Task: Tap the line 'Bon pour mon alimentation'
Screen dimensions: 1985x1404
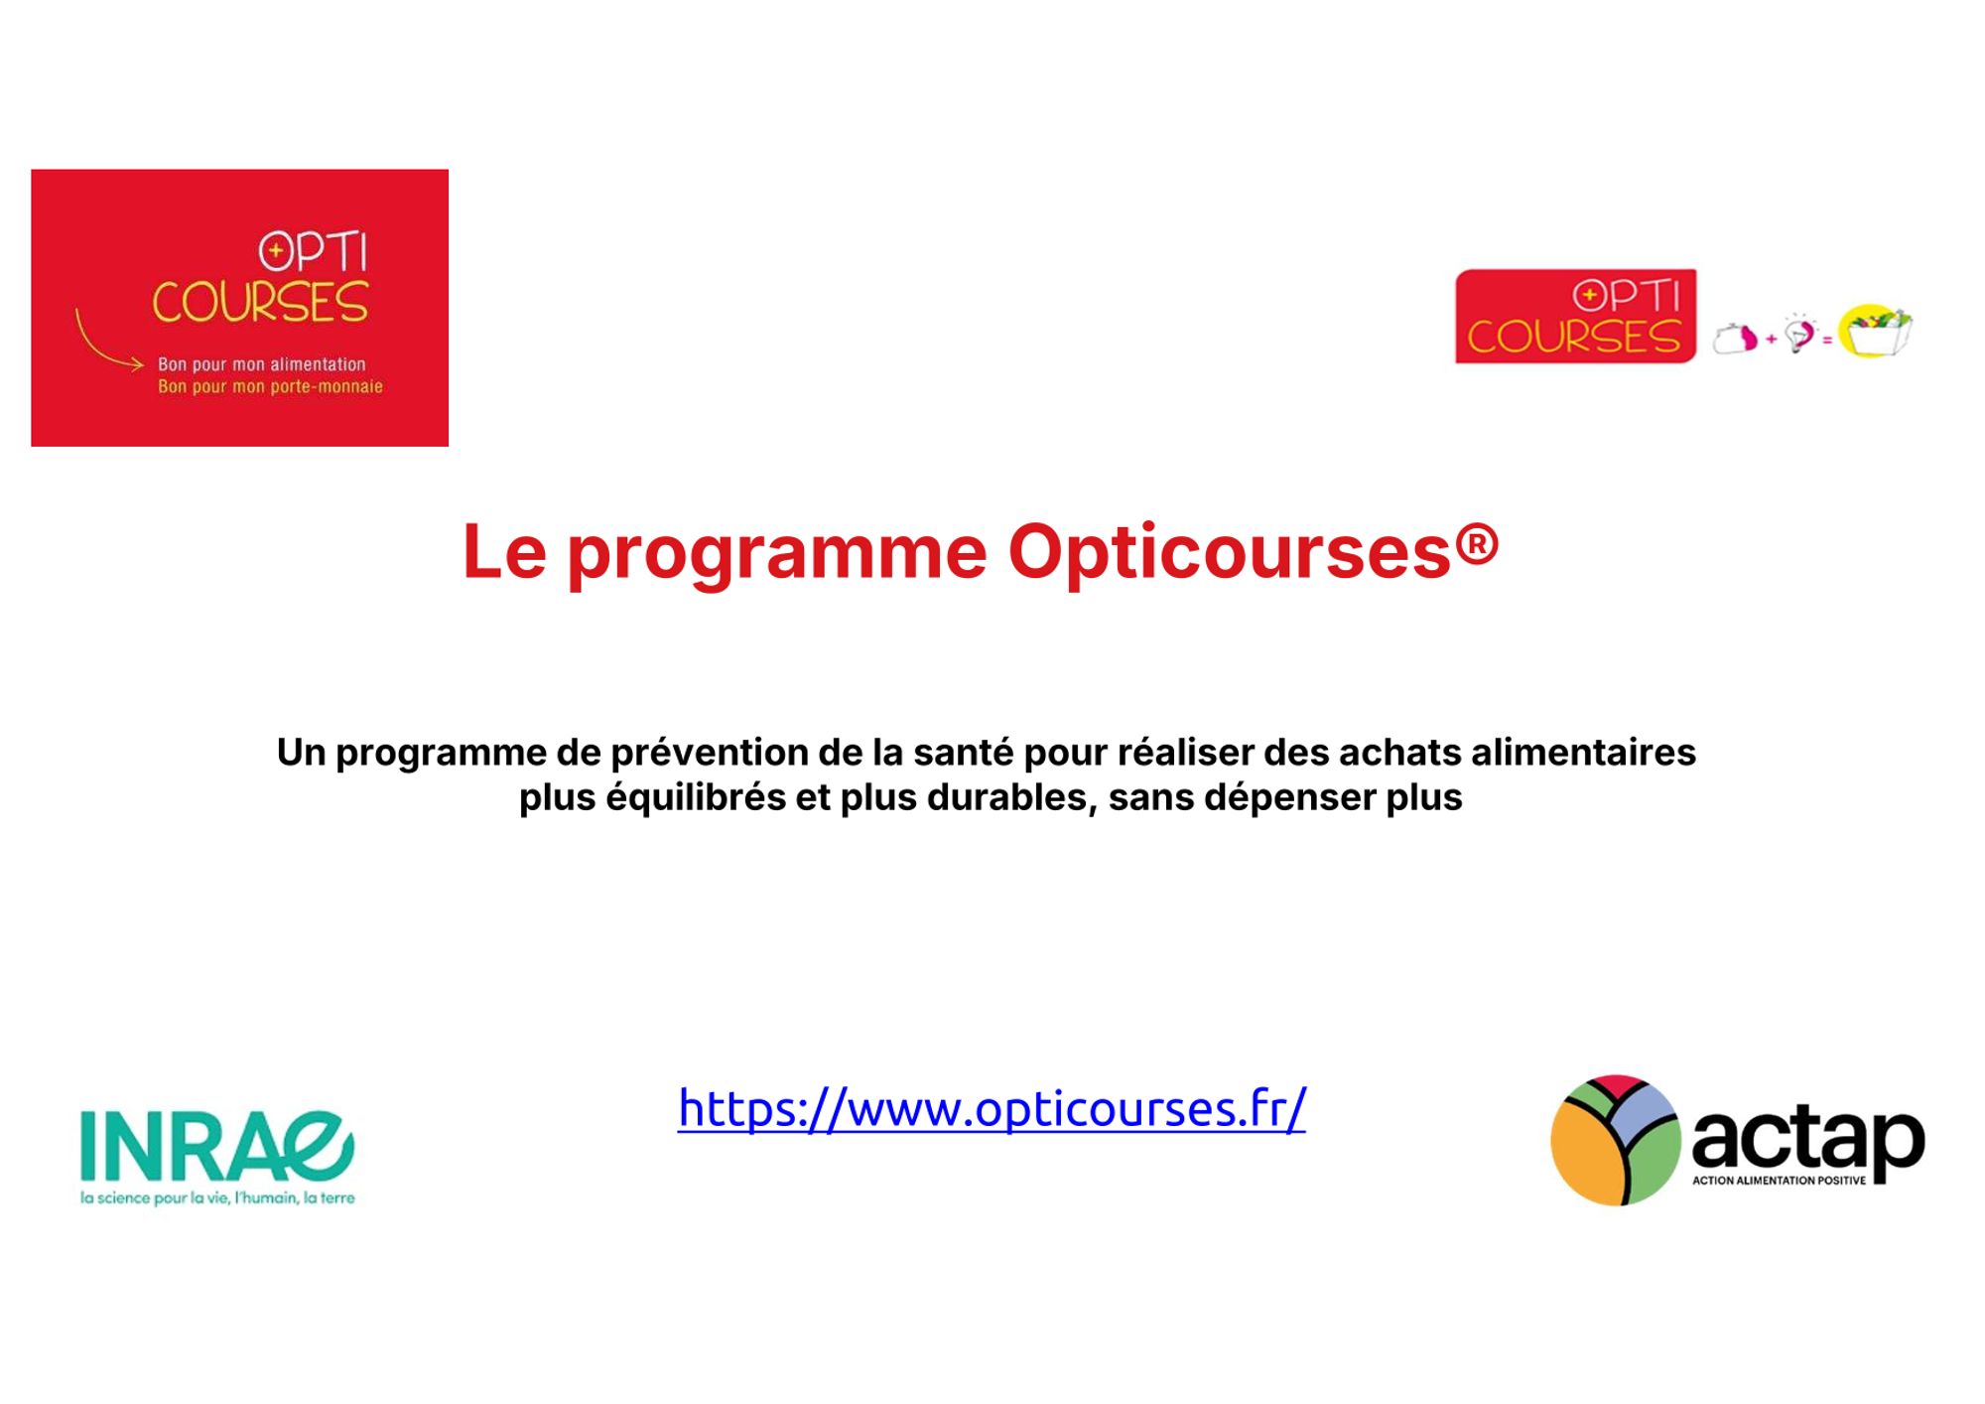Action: pos(262,364)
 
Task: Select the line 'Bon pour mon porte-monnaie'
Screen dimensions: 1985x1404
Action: pos(270,386)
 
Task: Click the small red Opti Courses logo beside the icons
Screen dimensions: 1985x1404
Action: pos(1575,316)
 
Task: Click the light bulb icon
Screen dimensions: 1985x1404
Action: pos(1799,335)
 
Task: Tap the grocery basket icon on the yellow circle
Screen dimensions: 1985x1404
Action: pos(1875,331)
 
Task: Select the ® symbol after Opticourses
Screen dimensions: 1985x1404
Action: pos(1478,544)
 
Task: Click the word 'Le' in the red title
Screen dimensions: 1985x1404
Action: pos(504,552)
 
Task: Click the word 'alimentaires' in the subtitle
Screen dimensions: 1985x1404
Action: pos(1583,753)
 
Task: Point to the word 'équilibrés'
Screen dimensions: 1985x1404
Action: pos(696,798)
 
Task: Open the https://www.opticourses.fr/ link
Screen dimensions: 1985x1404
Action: pos(992,1109)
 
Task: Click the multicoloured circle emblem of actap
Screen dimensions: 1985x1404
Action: pos(1616,1140)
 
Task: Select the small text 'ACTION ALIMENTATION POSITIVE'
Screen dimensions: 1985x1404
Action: pos(1779,1181)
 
